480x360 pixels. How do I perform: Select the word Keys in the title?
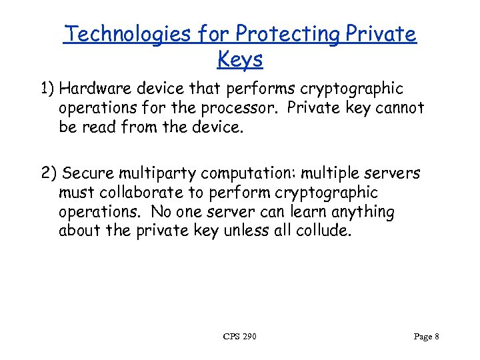click(x=240, y=59)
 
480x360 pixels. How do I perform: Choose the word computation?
click(x=250, y=175)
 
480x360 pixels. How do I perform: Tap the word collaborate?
click(x=140, y=193)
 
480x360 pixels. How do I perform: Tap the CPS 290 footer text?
click(x=240, y=337)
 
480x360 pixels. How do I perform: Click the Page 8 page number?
click(x=426, y=337)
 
